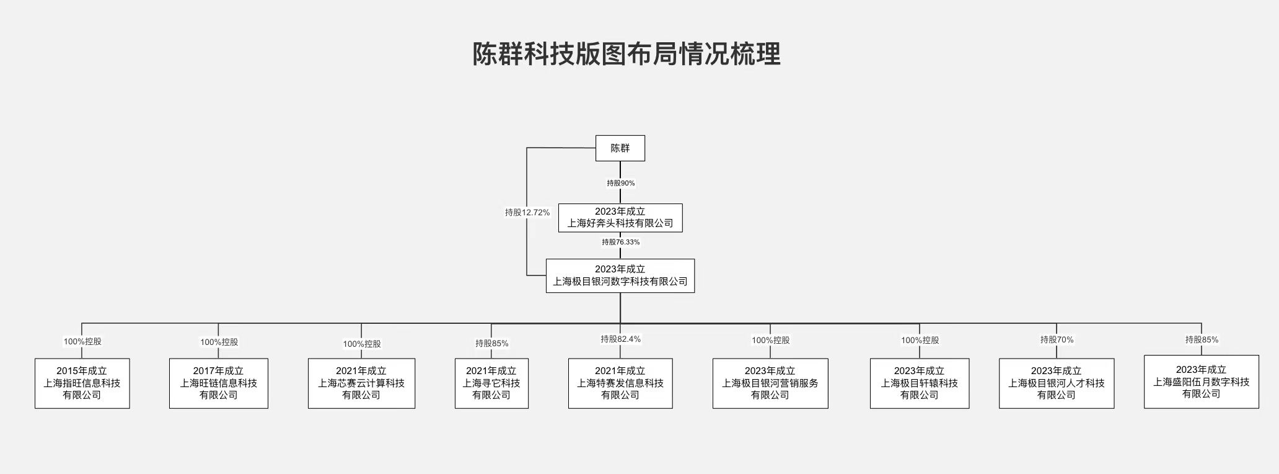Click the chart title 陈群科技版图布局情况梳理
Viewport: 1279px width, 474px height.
626,54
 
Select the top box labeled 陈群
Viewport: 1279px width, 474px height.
620,148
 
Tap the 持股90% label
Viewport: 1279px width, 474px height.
620,183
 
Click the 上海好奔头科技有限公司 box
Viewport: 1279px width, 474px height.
620,218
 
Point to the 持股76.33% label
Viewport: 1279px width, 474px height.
620,242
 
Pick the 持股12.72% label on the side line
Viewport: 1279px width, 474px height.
527,212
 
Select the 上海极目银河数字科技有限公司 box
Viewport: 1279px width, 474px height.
620,275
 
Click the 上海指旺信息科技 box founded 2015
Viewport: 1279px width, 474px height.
82,383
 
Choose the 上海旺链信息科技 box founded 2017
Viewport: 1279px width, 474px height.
219,383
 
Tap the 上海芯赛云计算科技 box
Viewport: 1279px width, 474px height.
361,383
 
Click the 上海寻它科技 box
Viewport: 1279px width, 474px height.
491,383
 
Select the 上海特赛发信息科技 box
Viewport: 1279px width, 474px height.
620,383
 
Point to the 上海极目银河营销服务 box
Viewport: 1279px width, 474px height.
770,383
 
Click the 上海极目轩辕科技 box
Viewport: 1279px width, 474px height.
920,383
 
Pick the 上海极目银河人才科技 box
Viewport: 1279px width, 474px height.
1057,383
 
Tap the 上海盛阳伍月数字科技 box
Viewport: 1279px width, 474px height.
1202,382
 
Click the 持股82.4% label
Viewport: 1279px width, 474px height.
620,339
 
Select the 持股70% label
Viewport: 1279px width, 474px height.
1057,340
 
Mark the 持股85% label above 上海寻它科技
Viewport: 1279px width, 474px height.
491,343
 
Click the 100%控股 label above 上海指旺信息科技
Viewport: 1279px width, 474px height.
82,341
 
